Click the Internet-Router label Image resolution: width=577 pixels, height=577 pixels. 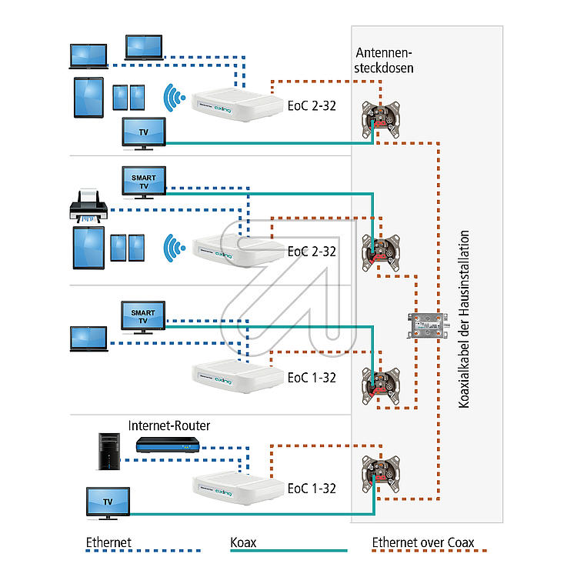(169, 425)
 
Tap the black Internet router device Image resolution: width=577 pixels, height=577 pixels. (168, 445)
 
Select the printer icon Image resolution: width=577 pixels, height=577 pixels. (88, 206)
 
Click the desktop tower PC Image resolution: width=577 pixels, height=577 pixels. (109, 452)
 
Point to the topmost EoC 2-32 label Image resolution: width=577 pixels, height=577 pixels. (312, 106)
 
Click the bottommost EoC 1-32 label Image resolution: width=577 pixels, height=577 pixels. (312, 489)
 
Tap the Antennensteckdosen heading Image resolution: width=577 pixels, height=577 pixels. (384, 60)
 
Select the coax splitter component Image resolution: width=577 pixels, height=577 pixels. (428, 325)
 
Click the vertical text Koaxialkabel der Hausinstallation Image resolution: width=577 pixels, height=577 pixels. (464, 319)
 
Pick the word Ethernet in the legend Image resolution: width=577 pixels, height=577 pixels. (108, 542)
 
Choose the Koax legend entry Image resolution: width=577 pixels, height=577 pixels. (243, 542)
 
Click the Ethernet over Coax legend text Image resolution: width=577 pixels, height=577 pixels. (423, 542)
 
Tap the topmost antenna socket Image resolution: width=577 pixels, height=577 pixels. (381, 119)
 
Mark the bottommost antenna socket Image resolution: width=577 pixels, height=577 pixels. (381, 475)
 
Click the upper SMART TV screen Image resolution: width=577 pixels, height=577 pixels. (144, 182)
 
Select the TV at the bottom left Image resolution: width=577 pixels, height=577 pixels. (108, 503)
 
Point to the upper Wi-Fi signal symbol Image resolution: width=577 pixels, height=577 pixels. (174, 98)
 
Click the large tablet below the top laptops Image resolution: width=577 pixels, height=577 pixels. (88, 98)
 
